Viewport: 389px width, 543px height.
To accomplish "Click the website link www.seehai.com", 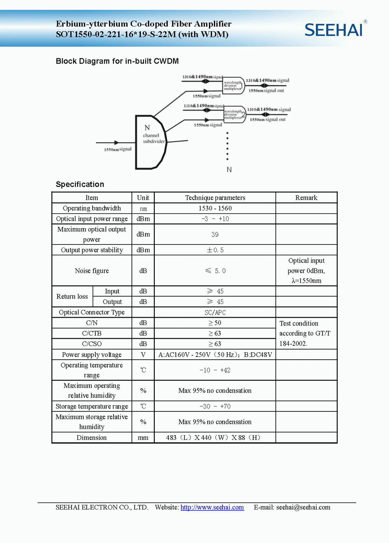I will pos(212,507).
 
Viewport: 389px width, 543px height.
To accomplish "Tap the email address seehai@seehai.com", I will pos(303,507).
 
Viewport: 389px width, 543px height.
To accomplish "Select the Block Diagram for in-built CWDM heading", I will pos(117,61).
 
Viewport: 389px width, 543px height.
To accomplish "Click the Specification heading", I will pos(80,184).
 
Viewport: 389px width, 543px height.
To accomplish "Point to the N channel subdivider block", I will pos(150,142).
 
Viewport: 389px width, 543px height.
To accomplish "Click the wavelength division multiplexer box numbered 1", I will pos(233,85).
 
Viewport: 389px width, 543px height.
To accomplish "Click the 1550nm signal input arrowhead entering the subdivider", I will pos(116,143).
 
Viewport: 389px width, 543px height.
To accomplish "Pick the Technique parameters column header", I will pos(215,198).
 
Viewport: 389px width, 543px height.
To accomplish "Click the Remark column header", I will pos(306,198).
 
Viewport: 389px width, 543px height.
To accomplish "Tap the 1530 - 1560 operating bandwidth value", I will pos(215,208).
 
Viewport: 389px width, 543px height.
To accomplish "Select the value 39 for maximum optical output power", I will pos(215,234).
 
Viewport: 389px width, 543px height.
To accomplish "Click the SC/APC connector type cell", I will pos(215,312).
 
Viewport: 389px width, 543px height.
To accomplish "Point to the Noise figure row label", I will pos(92,271).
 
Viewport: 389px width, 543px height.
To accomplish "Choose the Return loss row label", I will pos(72,297).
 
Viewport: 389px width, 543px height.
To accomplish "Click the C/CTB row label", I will pos(92,333).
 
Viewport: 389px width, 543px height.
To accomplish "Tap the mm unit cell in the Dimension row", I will pos(143,438).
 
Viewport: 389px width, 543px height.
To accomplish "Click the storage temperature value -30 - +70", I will pos(215,406).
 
